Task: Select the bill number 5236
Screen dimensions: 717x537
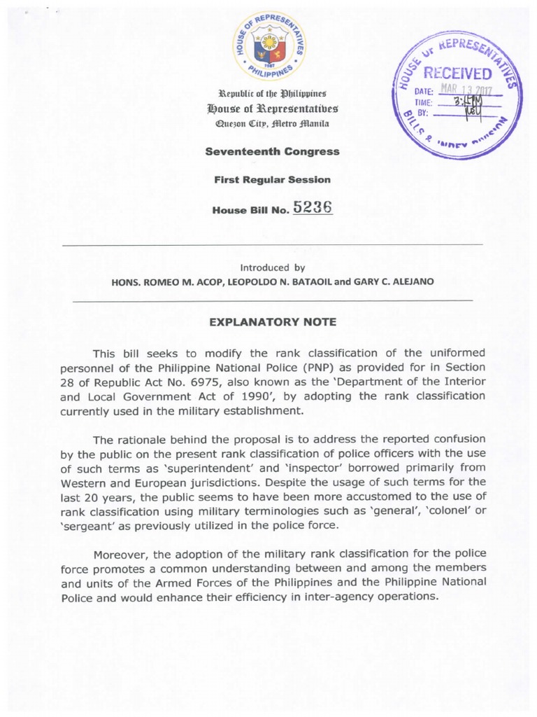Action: (313, 207)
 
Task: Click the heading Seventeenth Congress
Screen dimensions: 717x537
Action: (272, 151)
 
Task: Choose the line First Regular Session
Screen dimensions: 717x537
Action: (272, 179)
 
